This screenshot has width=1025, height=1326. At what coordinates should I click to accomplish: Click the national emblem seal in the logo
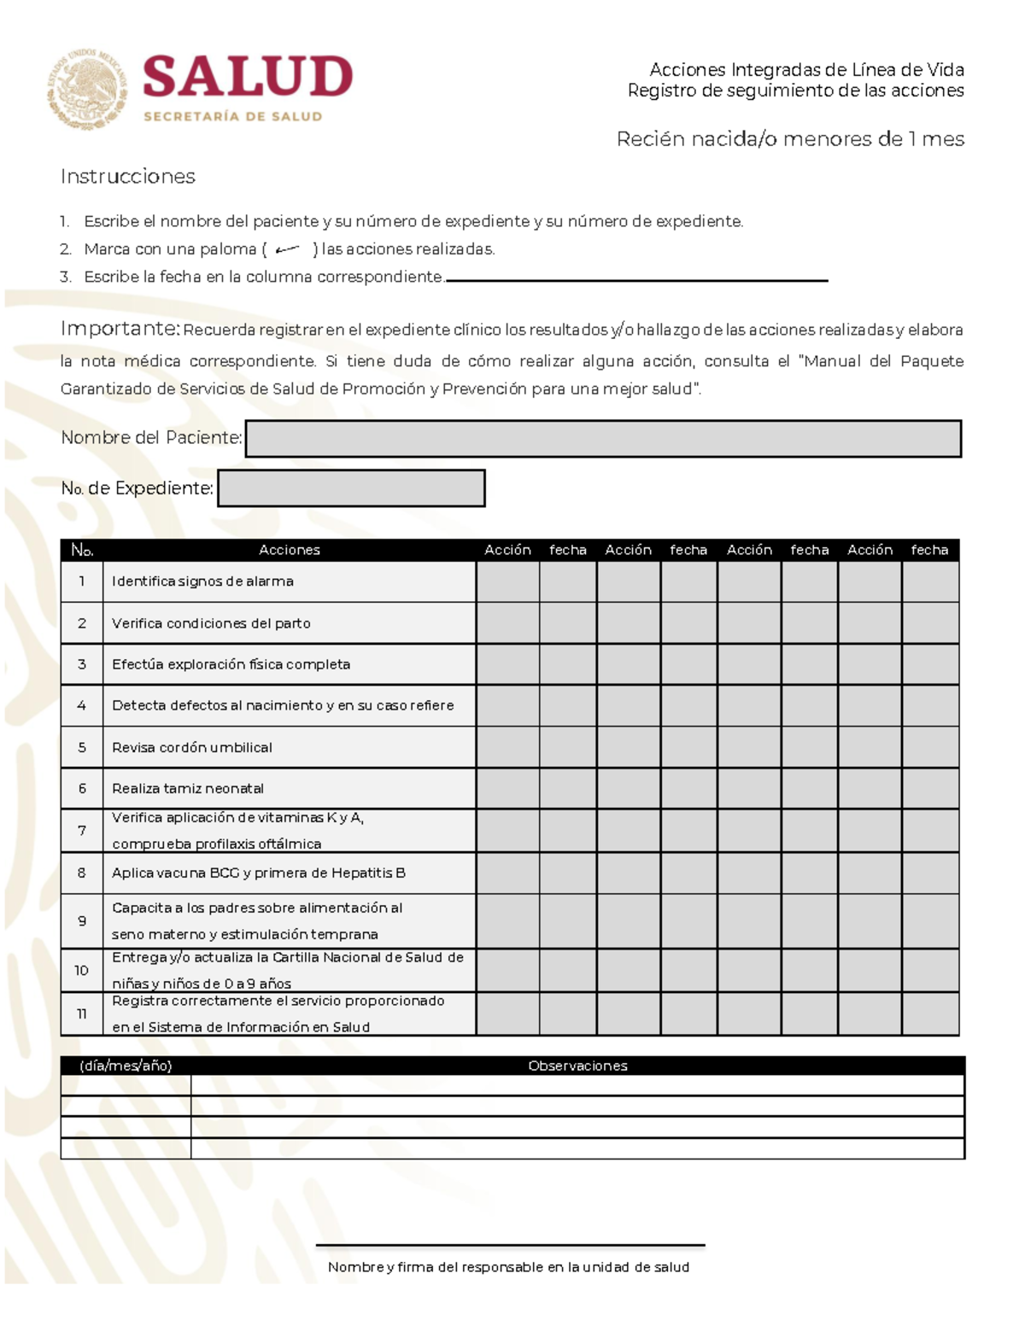87,89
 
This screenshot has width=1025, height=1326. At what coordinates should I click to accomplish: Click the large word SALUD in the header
247,77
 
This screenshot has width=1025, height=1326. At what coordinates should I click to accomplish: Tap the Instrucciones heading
128,177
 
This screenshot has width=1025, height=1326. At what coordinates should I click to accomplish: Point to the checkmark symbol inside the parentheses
288,249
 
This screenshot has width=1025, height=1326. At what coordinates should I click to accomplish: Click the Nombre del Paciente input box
603,439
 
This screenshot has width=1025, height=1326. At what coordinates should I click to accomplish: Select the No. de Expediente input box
351,488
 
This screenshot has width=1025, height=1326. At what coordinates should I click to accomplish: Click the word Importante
120,329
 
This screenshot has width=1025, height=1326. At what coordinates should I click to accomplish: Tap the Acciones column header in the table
289,550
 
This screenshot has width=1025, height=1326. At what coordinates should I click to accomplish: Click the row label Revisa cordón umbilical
192,747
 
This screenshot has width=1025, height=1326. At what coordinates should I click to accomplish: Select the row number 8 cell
82,873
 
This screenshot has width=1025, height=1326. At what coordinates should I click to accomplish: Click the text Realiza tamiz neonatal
188,788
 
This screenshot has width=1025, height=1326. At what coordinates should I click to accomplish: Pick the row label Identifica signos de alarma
202,581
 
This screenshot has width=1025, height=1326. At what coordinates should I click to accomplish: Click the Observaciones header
577,1066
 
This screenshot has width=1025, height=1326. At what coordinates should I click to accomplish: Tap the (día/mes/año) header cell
126,1066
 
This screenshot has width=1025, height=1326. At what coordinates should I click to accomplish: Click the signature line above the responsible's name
510,1246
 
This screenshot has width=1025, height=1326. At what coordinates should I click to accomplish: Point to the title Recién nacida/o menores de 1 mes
790,139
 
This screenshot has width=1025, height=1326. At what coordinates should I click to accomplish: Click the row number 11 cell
82,1013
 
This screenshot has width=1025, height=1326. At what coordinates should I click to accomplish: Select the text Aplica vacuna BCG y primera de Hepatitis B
259,873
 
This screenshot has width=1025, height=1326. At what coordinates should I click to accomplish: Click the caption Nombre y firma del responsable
508,1267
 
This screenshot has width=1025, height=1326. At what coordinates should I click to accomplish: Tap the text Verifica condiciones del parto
211,623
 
